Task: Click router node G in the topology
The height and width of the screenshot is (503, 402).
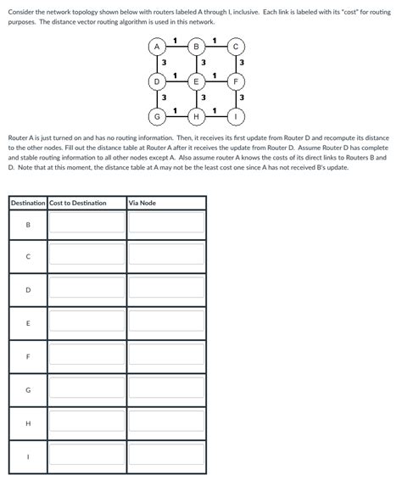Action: coord(157,115)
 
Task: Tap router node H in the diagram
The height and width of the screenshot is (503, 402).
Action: coord(197,115)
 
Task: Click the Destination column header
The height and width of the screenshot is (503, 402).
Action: coord(28,203)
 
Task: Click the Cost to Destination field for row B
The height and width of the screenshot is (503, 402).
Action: coord(87,223)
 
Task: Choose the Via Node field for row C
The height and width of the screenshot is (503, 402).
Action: coord(166,256)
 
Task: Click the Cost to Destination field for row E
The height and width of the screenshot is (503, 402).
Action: coord(87,322)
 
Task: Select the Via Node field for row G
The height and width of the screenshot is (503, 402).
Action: coord(166,388)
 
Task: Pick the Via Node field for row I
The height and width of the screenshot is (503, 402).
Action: coord(166,454)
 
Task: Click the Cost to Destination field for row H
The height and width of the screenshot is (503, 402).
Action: coord(87,421)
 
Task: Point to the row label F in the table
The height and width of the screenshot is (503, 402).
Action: coord(28,355)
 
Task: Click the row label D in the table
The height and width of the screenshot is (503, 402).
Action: coord(28,289)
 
